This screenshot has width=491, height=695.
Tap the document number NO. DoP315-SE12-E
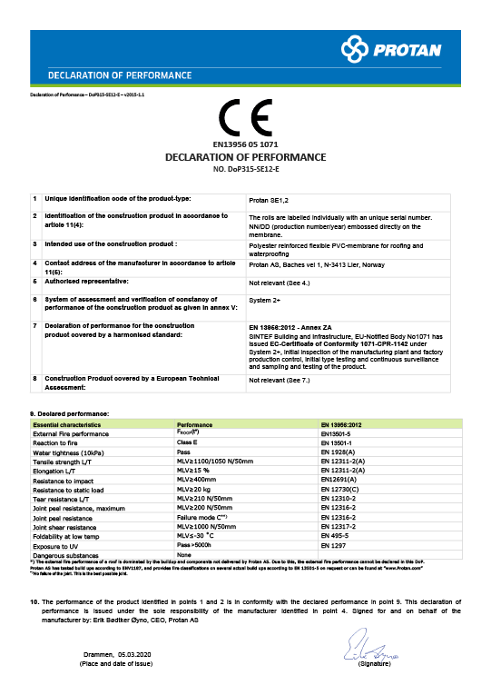[245, 169]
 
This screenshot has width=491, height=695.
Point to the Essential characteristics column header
[66, 424]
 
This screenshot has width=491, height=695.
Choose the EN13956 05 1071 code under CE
[245, 144]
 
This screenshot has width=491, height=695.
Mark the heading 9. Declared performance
[70, 414]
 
